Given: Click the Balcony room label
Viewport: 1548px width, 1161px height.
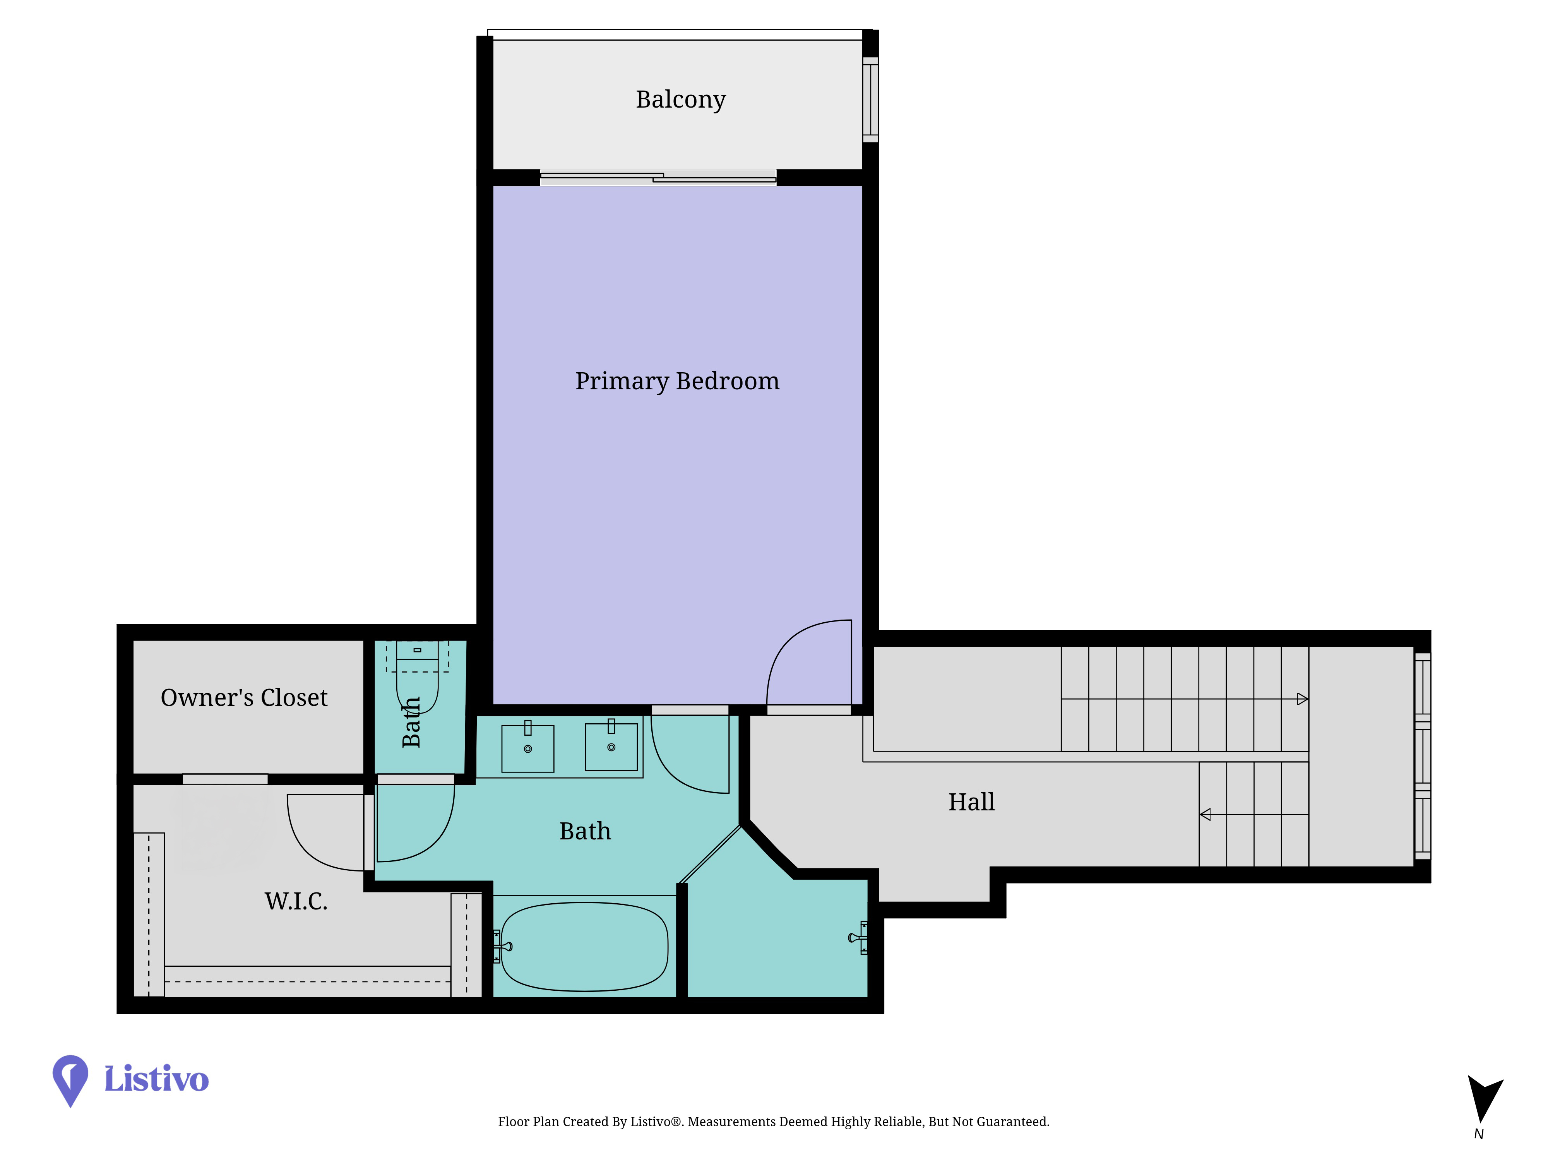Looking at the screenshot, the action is [x=680, y=99].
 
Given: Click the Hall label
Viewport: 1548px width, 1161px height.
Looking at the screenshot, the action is [x=971, y=802].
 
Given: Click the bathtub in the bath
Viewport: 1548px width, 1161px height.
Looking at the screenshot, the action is [x=584, y=946].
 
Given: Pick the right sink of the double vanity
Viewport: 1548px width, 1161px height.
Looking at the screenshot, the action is [x=611, y=746].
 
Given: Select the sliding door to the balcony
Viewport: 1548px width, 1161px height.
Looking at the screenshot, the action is [x=658, y=178].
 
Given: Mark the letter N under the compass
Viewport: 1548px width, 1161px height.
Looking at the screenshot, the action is [x=1479, y=1134].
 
